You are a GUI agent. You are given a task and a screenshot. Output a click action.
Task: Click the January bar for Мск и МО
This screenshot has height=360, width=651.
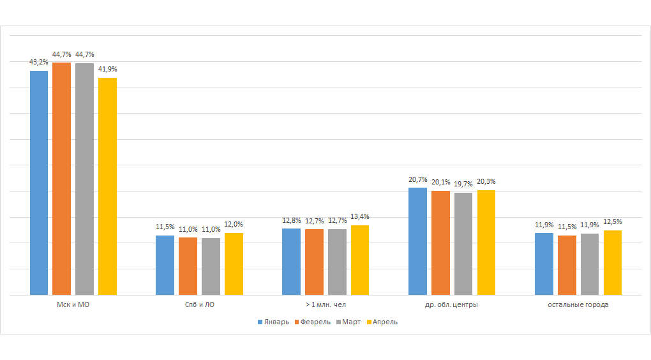[39, 183]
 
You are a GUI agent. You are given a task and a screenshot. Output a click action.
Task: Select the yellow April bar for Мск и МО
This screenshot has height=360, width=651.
[107, 186]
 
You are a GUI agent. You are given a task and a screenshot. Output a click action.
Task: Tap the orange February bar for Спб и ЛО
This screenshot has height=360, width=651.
[188, 266]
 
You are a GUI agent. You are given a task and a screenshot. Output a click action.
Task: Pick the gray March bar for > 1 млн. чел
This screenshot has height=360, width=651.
[337, 262]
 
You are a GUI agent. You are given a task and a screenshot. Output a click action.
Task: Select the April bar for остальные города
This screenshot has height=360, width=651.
[612, 262]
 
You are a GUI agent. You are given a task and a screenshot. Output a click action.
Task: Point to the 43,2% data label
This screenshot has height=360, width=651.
[38, 63]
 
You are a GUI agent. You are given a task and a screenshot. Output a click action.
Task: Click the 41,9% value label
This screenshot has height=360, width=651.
[107, 69]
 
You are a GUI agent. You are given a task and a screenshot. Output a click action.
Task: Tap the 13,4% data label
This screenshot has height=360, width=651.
[359, 217]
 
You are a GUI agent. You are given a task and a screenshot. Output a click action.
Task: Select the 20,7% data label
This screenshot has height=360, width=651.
[417, 179]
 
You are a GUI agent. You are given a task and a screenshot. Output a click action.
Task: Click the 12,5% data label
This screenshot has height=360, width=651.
[612, 222]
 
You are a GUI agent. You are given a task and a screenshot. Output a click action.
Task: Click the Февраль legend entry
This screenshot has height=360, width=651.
[312, 322]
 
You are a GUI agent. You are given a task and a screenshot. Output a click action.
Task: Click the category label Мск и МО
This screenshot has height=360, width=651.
[73, 305]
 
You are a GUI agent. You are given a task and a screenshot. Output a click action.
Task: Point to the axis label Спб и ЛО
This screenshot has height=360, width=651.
[198, 305]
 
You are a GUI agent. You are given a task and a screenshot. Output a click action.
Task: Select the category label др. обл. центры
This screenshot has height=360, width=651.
[451, 305]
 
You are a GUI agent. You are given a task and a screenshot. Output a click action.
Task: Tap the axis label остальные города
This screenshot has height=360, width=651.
[578, 305]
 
